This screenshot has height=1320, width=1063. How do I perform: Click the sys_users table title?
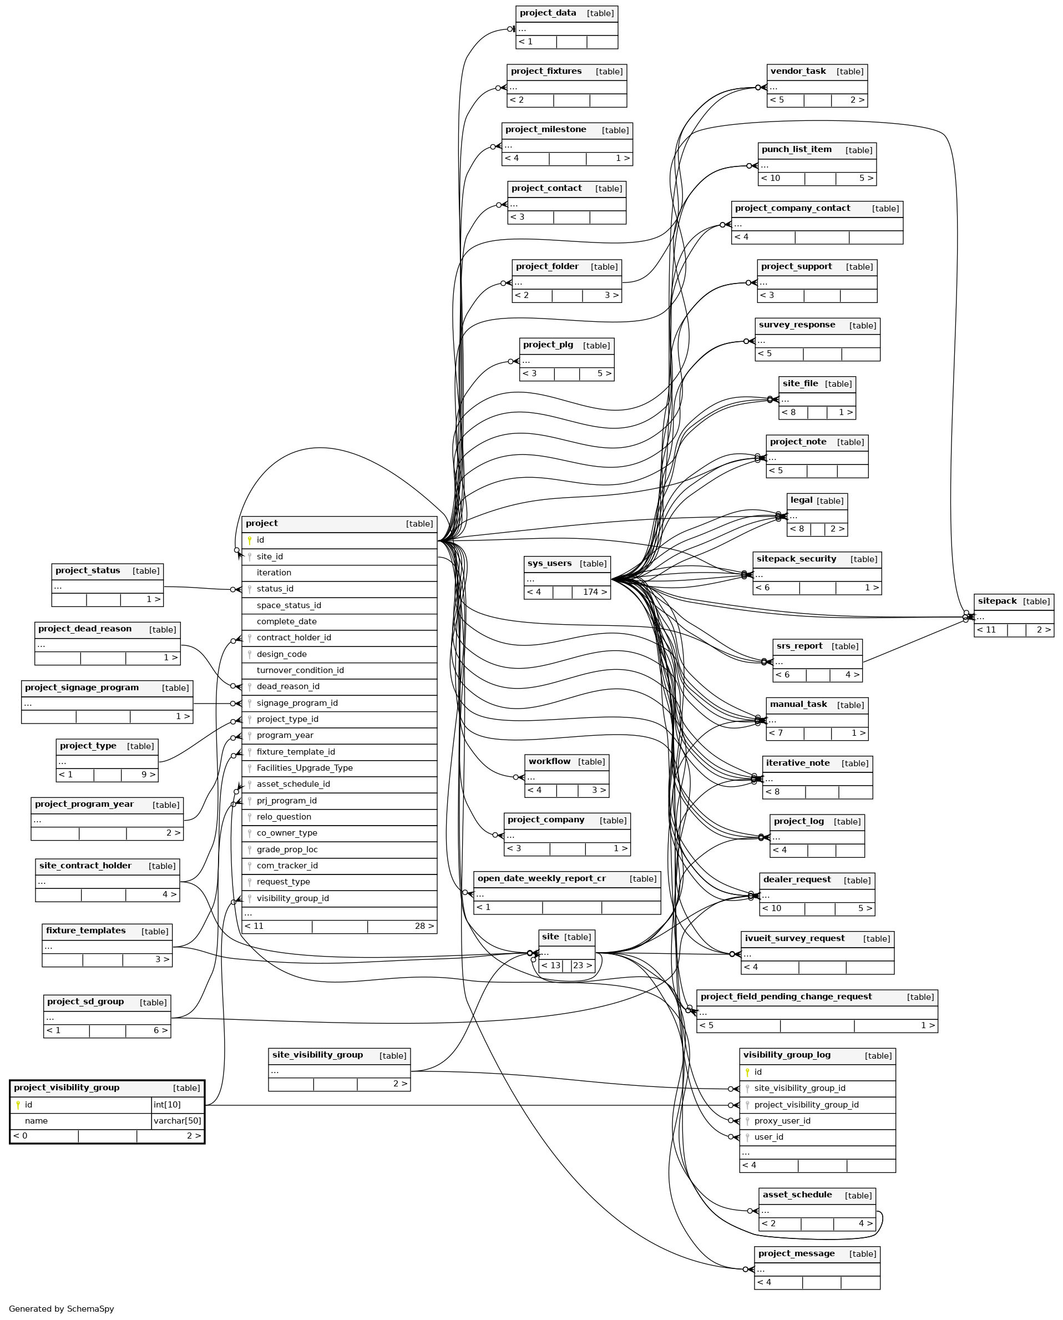[549, 563]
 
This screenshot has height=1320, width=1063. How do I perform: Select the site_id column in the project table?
[270, 557]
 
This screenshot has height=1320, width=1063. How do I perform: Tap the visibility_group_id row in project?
[293, 898]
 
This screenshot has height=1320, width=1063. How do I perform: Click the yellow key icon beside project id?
[249, 540]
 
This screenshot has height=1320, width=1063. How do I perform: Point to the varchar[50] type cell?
[177, 1120]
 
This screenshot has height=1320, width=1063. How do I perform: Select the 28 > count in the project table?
[424, 925]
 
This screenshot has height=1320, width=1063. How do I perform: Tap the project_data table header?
[548, 13]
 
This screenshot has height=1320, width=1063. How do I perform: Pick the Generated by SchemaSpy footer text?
[61, 1308]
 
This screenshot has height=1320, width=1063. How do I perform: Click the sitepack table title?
[997, 600]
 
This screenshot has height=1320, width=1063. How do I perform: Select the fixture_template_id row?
[296, 752]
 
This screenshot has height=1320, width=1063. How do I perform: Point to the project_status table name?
[88, 570]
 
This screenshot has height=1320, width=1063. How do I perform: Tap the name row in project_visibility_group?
[37, 1120]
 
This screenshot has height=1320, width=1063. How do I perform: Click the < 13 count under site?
[550, 965]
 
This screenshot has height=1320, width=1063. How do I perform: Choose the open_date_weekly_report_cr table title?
[541, 878]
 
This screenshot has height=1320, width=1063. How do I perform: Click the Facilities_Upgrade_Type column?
[305, 768]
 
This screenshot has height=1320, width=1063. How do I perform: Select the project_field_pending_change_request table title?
[786, 996]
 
